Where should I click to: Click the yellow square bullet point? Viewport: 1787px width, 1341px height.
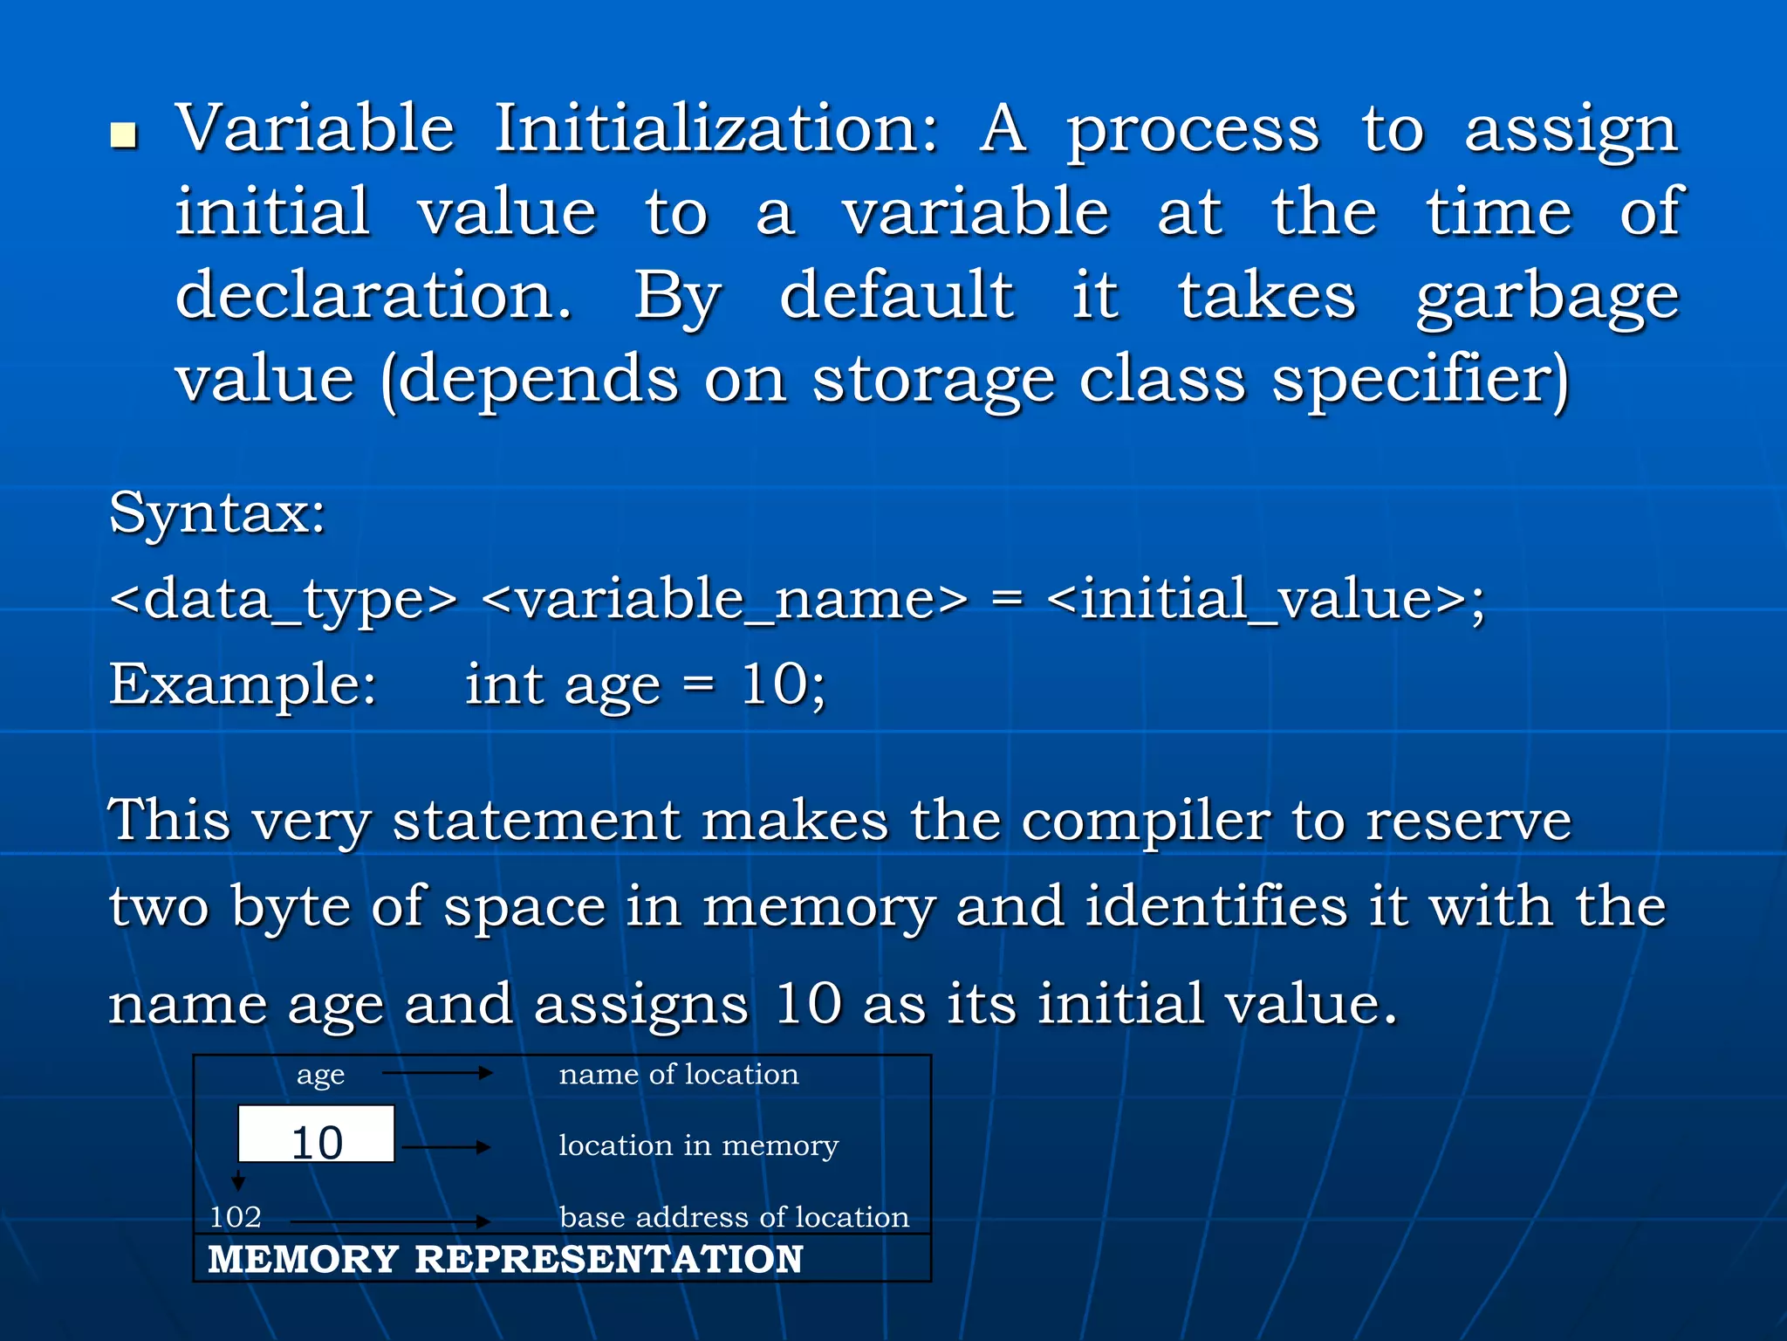point(125,135)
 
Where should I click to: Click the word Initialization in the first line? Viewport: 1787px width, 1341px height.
point(716,128)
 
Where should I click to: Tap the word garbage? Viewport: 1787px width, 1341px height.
point(1547,298)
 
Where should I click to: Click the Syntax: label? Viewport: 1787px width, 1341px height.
point(217,513)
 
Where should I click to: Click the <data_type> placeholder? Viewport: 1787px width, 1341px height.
point(284,601)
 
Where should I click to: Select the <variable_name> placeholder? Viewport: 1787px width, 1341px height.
point(724,601)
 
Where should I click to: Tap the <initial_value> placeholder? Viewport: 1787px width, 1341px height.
point(1256,601)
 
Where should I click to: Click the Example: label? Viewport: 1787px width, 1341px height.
point(243,684)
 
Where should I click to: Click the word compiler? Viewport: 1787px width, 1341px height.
point(1145,822)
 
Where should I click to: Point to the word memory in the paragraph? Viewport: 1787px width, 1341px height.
point(818,908)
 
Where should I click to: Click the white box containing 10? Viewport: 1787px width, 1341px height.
point(316,1134)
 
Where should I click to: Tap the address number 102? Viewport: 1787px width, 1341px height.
point(236,1217)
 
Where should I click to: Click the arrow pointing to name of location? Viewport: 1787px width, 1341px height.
point(438,1073)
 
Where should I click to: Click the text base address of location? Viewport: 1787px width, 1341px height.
point(734,1217)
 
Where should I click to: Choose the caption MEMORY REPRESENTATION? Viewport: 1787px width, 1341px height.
point(505,1259)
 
